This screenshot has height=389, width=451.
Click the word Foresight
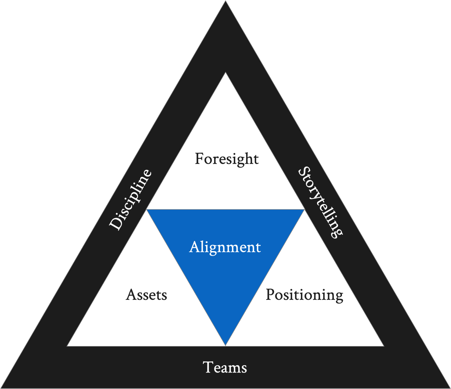pyautogui.click(x=227, y=159)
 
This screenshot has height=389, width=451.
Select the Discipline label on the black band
pyautogui.click(x=130, y=200)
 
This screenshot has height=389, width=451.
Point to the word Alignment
pyautogui.click(x=225, y=247)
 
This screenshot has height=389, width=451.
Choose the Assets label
pyautogui.click(x=146, y=295)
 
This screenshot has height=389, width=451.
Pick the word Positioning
pyautogui.click(x=304, y=295)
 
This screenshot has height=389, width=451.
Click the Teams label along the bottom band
pyautogui.click(x=225, y=368)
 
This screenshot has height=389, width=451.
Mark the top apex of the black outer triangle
pyautogui.click(x=225, y=1)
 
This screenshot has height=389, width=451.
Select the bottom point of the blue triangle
pyautogui.click(x=225, y=345)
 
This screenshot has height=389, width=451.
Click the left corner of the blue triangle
pyautogui.click(x=147, y=210)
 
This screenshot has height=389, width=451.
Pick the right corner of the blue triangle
pyautogui.click(x=304, y=210)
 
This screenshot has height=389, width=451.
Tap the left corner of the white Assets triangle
pyautogui.click(x=68, y=346)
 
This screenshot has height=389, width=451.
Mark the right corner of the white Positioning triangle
pyautogui.click(x=383, y=346)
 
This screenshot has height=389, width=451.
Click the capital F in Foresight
pyautogui.click(x=199, y=159)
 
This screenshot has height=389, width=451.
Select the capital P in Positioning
pyautogui.click(x=270, y=294)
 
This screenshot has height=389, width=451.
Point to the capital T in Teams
pyautogui.click(x=208, y=367)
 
